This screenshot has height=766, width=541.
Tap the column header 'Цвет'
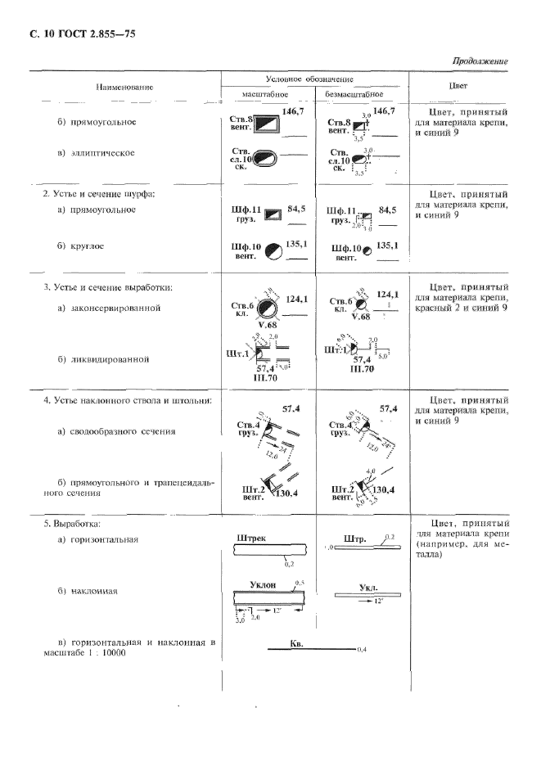pos(458,85)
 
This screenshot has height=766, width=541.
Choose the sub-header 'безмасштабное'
pos(354,93)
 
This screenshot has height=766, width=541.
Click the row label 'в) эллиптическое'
pos(96,153)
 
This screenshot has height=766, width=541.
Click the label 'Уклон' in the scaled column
pos(262,586)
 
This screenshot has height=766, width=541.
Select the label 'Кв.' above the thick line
pos(297,645)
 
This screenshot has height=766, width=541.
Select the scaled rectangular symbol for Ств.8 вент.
pos(266,124)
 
